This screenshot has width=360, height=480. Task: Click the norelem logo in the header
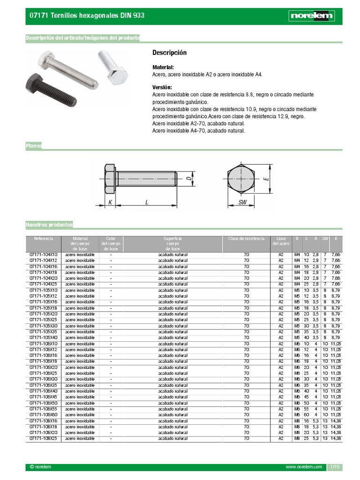(312, 16)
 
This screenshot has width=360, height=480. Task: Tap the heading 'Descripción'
(169, 52)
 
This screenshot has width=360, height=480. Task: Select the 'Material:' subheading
(163, 67)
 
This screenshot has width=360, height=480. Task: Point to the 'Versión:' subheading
(162, 88)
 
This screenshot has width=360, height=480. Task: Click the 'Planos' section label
(34, 146)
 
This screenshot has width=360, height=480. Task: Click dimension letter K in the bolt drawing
(111, 202)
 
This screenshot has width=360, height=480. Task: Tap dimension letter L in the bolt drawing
(147, 202)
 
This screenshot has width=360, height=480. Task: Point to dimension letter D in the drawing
(188, 179)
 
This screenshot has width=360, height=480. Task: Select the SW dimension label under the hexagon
(242, 202)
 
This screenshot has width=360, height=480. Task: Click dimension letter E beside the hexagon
(266, 179)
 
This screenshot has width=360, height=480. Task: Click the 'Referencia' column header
(44, 239)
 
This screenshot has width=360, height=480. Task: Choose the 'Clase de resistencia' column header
(246, 239)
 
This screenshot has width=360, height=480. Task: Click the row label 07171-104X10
(43, 255)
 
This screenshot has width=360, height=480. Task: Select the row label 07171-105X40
(43, 337)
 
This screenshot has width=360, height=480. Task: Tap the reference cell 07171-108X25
(43, 438)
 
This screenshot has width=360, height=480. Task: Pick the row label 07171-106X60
(43, 415)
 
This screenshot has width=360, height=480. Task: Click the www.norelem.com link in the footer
(304, 467)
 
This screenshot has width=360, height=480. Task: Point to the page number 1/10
(335, 467)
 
